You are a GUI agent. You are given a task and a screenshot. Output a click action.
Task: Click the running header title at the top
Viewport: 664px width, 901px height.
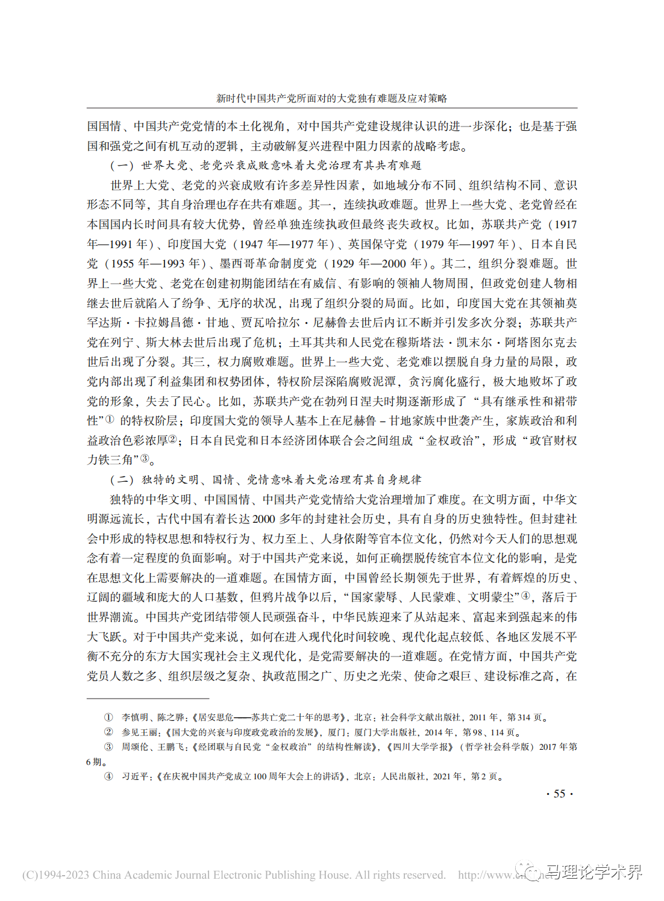tap(331, 99)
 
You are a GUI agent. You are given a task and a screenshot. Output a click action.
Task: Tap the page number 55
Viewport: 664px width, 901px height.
tap(559, 794)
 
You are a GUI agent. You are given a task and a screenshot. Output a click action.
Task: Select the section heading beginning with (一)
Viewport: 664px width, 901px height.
tap(266, 166)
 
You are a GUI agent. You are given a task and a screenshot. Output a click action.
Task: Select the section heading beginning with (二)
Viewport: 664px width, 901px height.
tap(266, 480)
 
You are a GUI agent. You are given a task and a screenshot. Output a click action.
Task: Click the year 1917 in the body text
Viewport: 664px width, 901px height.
tap(565, 225)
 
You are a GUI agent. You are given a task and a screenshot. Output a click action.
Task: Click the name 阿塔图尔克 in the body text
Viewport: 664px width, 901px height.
tap(535, 343)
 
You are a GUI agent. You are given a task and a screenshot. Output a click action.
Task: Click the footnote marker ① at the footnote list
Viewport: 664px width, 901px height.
tap(108, 717)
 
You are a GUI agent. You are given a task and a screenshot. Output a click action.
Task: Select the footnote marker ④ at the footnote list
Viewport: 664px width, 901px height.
tap(108, 776)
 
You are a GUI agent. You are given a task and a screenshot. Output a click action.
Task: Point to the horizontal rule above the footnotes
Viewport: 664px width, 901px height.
tap(148, 699)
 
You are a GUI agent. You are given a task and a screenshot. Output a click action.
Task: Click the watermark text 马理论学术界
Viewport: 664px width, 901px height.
tap(594, 872)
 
